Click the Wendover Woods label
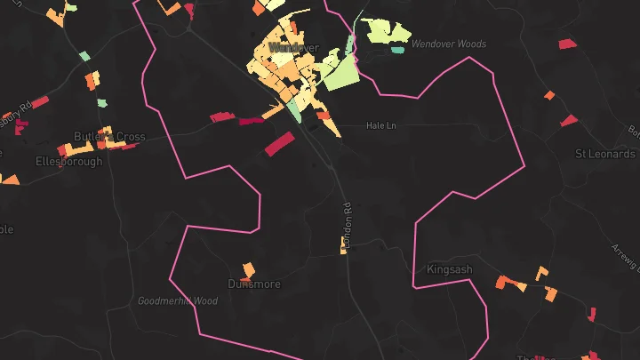click(449, 44)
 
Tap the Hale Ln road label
click(380, 126)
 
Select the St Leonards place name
click(604, 154)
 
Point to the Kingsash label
click(450, 268)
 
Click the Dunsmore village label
click(254, 284)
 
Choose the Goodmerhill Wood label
click(178, 301)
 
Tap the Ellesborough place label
click(68, 162)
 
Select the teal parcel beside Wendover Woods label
click(397, 50)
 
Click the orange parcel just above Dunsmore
click(249, 268)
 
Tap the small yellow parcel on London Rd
click(343, 246)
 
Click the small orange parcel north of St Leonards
click(549, 95)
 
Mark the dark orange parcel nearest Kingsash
click(511, 284)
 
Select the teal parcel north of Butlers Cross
click(85, 56)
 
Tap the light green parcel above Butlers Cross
click(101, 103)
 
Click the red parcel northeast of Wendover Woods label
click(567, 44)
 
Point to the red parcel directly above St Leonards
click(569, 120)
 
